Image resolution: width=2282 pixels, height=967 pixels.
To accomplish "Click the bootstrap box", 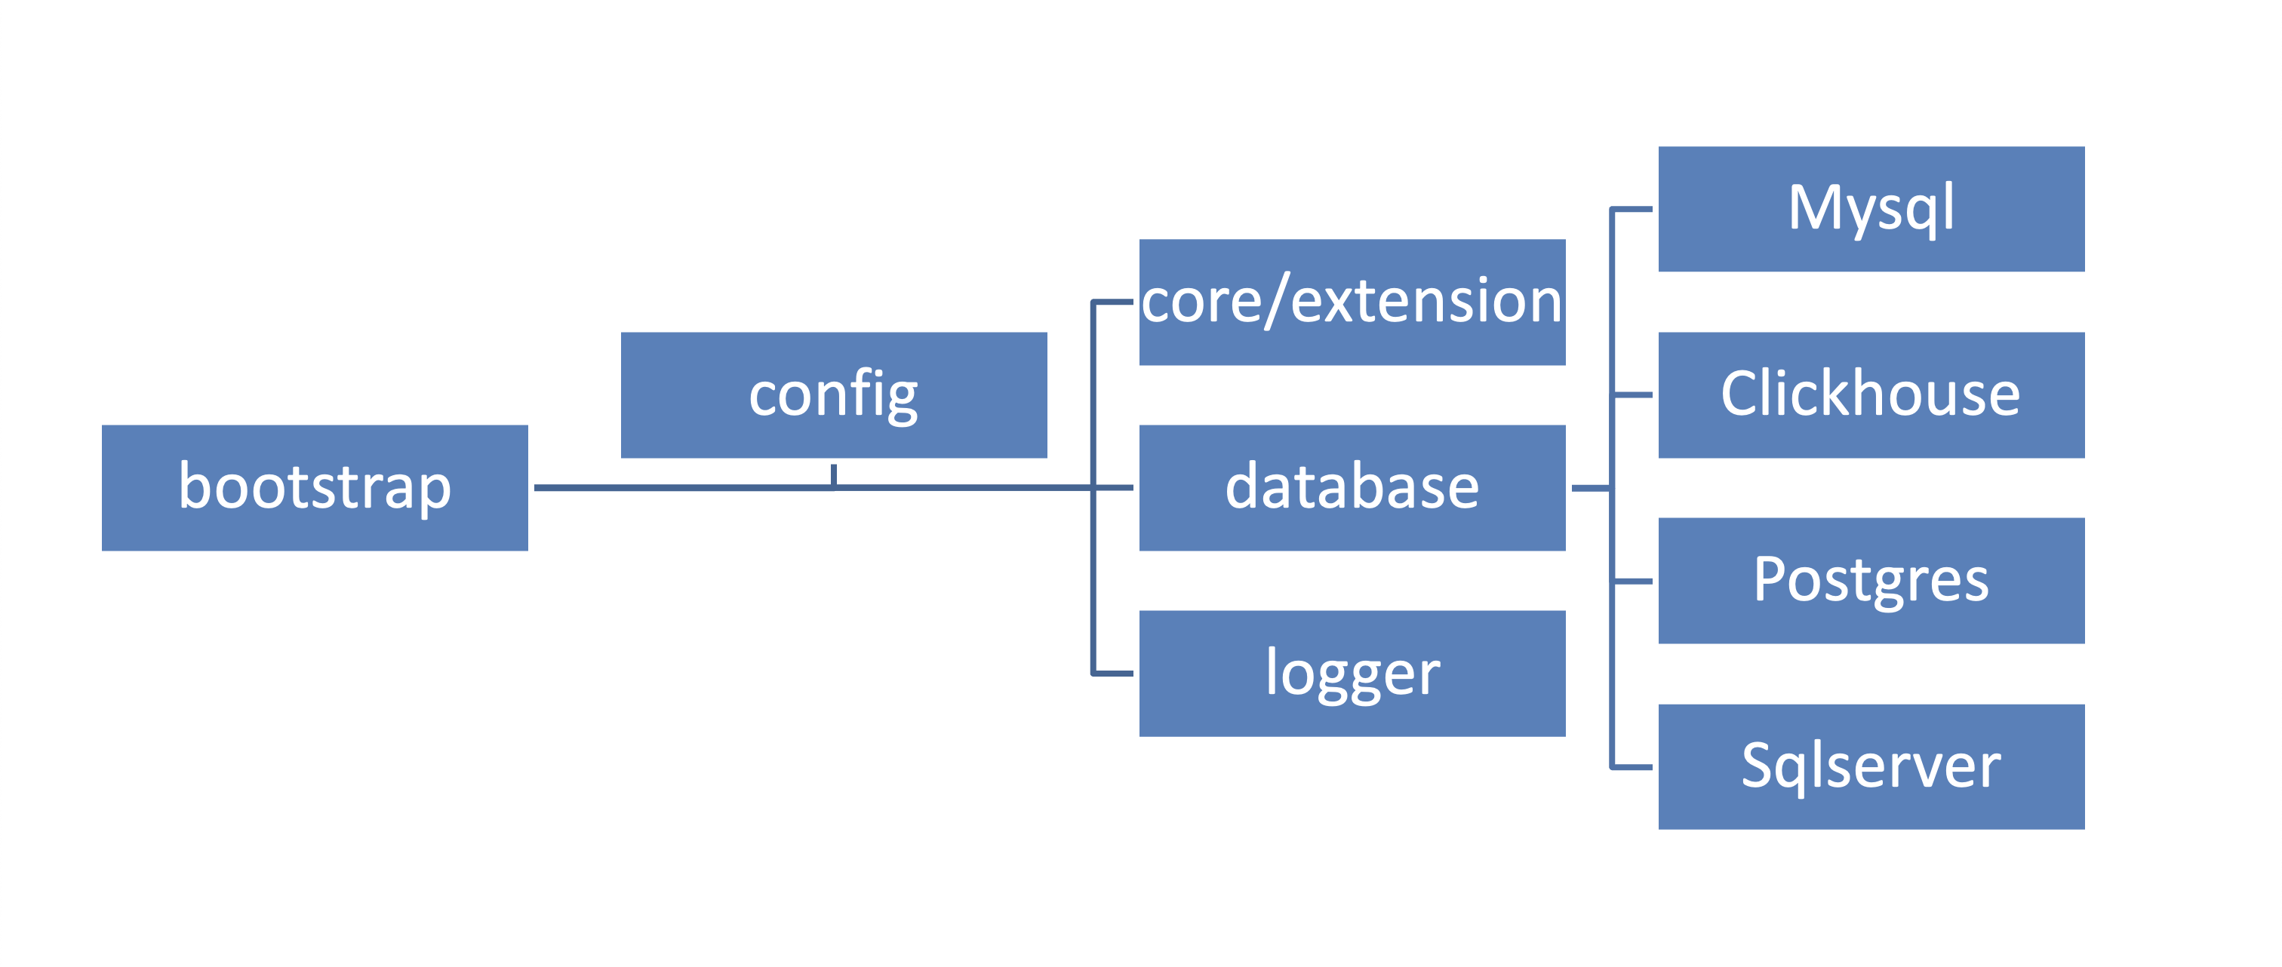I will [315, 488].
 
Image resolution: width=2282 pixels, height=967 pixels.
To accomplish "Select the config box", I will [834, 395].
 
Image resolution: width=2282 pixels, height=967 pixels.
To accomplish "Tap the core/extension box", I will [1352, 302].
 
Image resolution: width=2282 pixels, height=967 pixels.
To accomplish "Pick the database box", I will [1352, 488].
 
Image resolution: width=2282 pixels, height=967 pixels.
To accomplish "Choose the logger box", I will [1352, 674].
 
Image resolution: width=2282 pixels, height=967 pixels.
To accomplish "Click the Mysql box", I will [1871, 209].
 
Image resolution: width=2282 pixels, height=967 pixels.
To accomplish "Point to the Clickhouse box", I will [1871, 395].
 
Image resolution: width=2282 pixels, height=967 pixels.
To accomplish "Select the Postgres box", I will [1871, 581].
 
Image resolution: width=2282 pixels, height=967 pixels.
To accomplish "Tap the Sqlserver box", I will [1871, 767].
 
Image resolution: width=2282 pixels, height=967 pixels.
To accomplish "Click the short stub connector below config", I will [834, 474].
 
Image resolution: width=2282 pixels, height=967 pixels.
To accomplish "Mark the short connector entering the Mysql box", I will [1632, 209].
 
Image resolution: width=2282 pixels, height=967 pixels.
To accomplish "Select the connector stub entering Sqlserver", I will [1632, 767].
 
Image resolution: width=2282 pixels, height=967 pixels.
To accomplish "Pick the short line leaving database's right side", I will [1590, 488].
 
